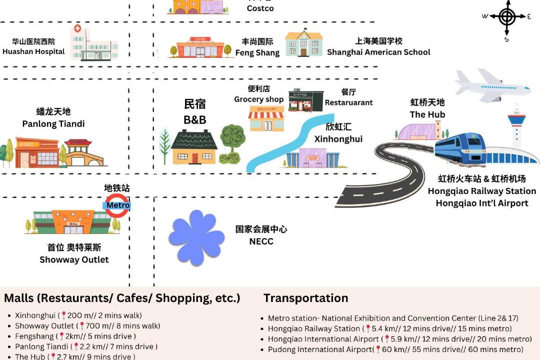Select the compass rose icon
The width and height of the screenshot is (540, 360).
[x=507, y=17]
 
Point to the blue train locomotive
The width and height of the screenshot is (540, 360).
[x=460, y=146]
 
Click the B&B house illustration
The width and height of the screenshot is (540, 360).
[x=194, y=147]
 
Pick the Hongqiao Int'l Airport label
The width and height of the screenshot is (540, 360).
[x=482, y=203]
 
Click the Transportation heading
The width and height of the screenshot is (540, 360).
[x=305, y=298]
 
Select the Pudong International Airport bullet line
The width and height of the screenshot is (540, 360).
[x=395, y=349]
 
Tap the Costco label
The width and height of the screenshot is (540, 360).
[x=260, y=8]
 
